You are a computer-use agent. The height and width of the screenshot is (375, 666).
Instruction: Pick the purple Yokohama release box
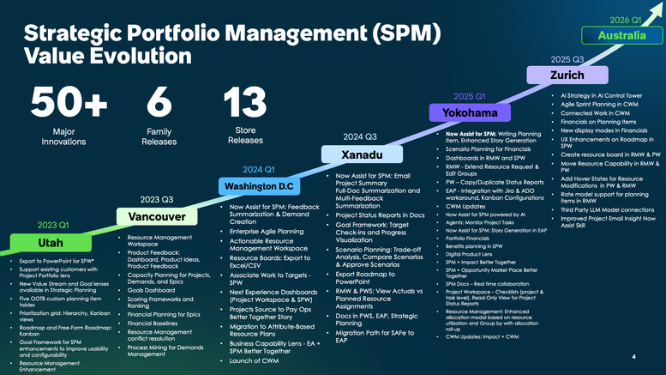click(x=469, y=112)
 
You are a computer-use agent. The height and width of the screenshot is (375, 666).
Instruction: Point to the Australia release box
click(x=621, y=36)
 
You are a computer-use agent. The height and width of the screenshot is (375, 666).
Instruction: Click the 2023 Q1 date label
click(x=54, y=225)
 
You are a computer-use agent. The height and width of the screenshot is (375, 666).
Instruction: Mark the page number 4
click(x=633, y=357)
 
